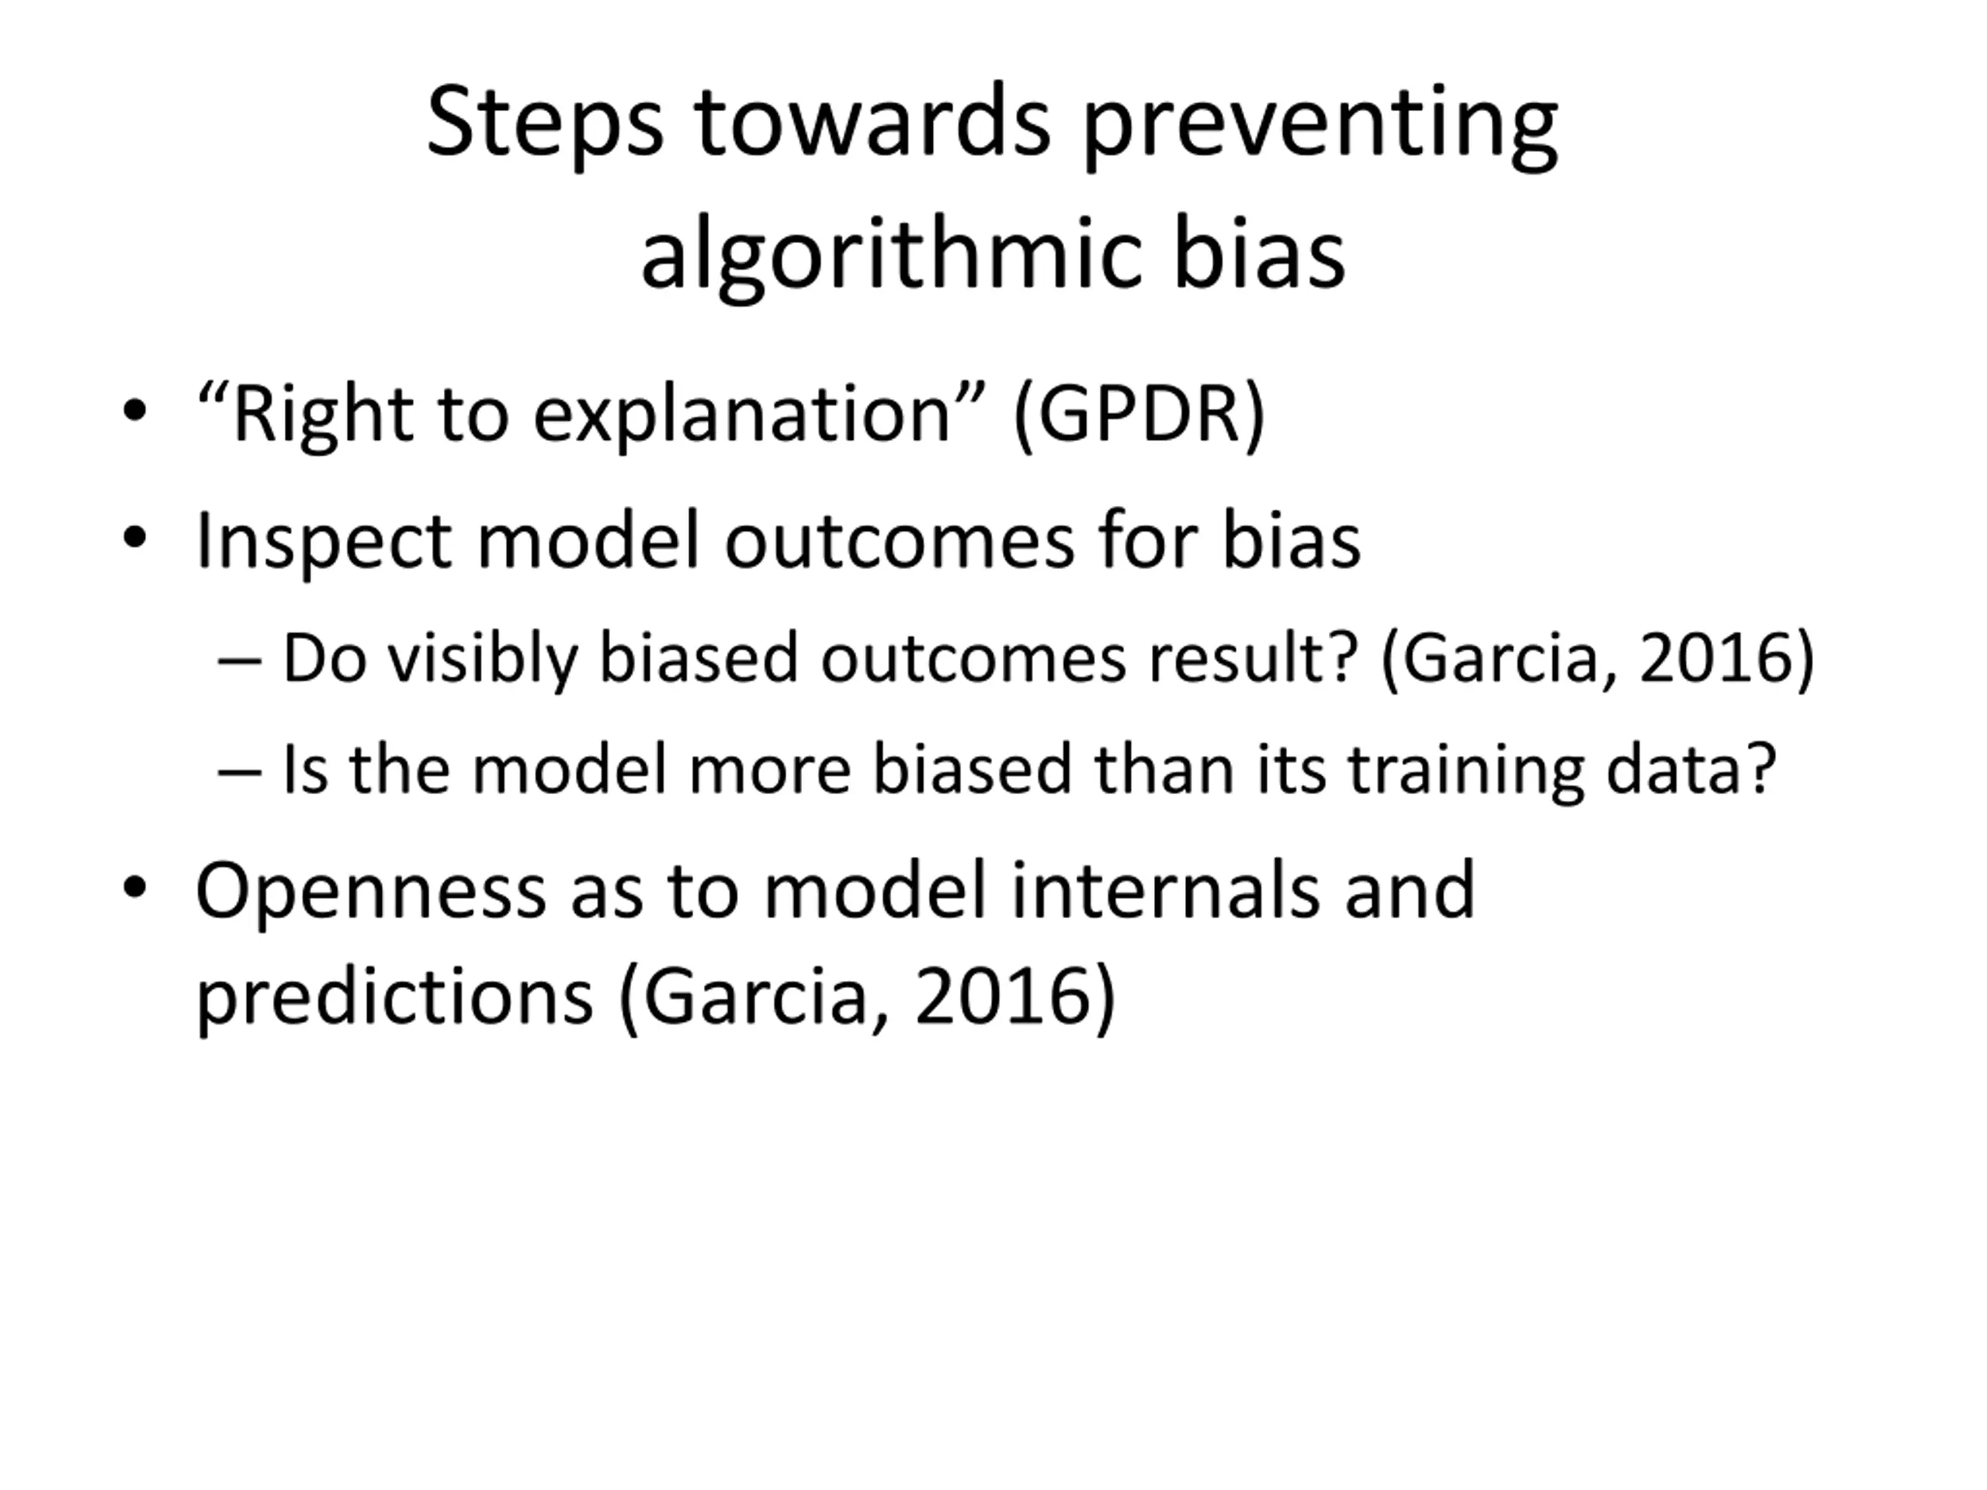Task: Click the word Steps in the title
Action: click(544, 123)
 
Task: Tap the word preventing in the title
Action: click(1319, 126)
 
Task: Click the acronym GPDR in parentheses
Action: click(1139, 415)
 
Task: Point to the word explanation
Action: click(742, 418)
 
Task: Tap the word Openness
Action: click(371, 891)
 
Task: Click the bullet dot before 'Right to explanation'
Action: click(135, 411)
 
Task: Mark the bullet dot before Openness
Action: click(135, 887)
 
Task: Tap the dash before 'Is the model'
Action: click(240, 771)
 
